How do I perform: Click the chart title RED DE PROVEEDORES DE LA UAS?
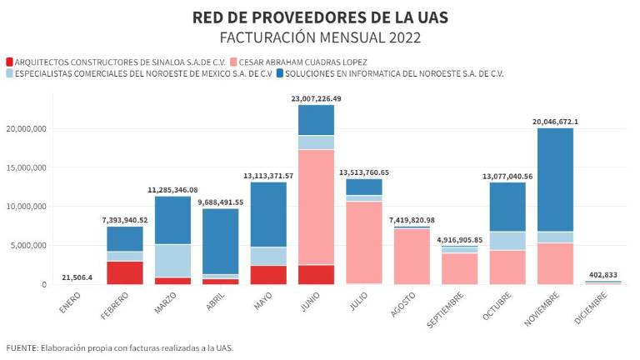319,17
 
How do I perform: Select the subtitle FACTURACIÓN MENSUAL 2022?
319,37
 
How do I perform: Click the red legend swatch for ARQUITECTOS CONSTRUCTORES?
9,62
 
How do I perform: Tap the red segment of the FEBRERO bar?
125,272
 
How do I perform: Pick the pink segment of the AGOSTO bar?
412,256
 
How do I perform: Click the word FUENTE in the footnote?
22,347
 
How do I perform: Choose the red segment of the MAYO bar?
268,275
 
